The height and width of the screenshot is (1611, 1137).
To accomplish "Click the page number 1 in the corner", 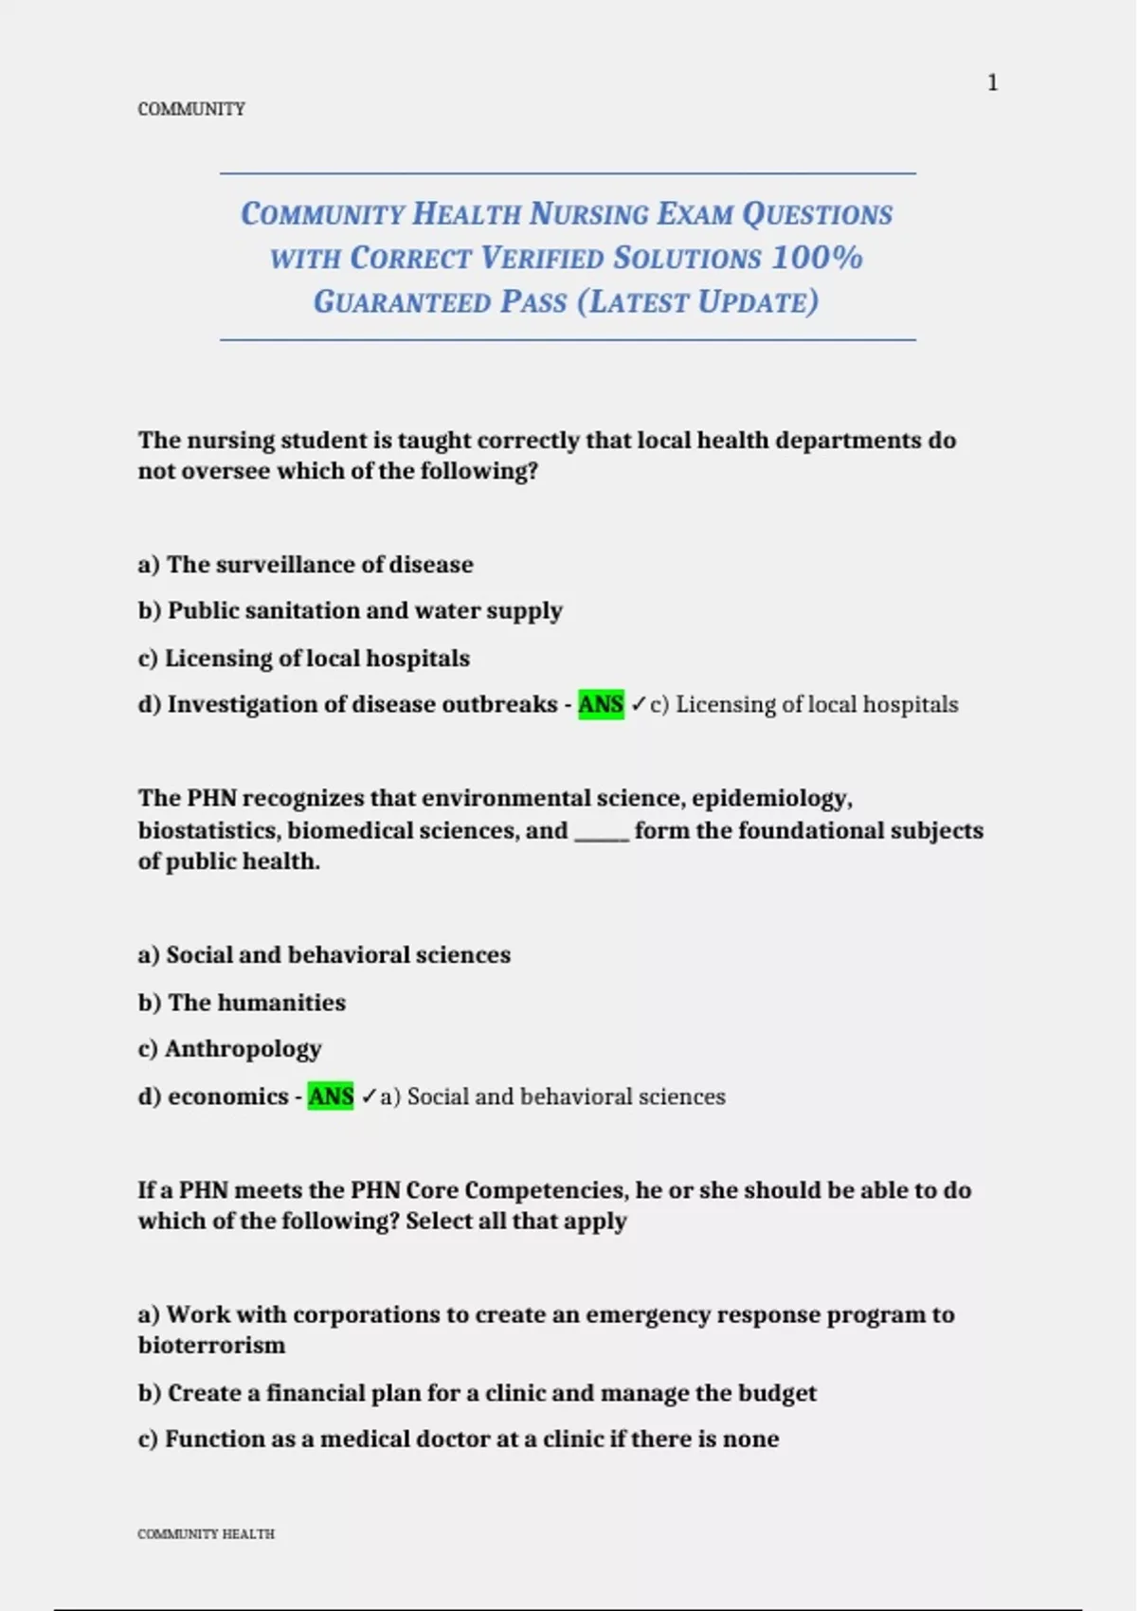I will pos(992,83).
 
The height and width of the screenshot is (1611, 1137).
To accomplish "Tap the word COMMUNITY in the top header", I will pos(191,109).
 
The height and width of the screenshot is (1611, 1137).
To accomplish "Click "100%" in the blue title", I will pos(817,257).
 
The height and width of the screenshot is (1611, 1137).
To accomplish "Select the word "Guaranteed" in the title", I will pos(402,301).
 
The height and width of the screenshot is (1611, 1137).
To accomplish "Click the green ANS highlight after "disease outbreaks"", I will pos(601,704).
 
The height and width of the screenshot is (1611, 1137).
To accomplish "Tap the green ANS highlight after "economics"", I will pos(331,1096).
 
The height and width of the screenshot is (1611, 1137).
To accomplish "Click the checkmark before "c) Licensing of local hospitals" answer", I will pos(639,704).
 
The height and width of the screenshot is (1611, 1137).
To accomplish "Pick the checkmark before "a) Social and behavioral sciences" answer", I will pos(370,1096).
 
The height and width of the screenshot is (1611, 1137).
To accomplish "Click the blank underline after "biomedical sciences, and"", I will pos(602,832).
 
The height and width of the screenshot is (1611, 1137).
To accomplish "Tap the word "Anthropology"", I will pos(244,1048).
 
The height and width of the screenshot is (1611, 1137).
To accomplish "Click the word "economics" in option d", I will pos(227,1096).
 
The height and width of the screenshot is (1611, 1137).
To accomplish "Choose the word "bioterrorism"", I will pos(211,1346).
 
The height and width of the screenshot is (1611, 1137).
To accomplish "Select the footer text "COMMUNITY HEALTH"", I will pos(206,1533).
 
